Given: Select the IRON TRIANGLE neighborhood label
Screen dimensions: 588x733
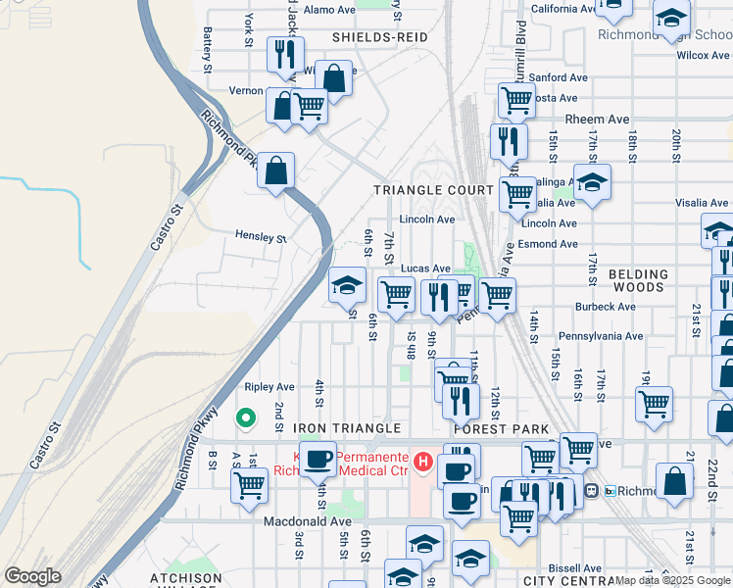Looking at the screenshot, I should [347, 428].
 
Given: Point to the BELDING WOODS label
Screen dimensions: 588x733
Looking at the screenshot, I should [638, 280].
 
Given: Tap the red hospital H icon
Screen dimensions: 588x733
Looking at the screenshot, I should [423, 460].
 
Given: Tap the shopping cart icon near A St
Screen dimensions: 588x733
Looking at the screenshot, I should [250, 483].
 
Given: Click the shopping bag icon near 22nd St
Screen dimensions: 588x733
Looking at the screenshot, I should [674, 481].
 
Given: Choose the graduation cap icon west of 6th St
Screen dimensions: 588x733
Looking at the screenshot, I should [346, 285].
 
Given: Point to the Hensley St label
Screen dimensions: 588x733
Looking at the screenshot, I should [261, 236].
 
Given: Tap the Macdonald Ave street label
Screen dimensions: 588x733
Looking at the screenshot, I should [307, 521].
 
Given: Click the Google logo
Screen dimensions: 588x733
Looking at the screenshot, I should [33, 576].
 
